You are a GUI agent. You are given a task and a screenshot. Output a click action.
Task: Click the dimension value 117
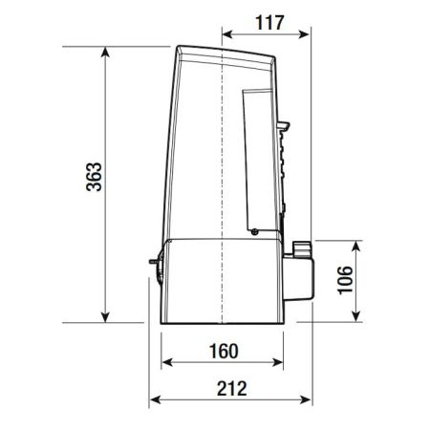pos(269,23)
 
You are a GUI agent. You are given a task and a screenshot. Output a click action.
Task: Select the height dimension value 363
pos(95,177)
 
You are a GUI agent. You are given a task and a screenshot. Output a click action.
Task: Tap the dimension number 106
pos(345,280)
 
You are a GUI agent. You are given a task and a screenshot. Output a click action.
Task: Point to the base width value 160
pos(224,351)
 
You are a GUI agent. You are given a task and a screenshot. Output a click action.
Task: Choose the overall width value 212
pos(231,388)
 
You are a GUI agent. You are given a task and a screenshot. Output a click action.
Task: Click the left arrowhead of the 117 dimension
pos(226,33)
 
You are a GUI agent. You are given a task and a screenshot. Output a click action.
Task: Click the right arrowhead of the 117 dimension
pos(305,33)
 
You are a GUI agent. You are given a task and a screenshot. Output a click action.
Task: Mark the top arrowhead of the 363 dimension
pos(105,52)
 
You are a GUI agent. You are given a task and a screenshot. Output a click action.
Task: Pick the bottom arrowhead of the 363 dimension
pos(105,317)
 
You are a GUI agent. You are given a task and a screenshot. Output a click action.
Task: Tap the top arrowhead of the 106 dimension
pos(356,246)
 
